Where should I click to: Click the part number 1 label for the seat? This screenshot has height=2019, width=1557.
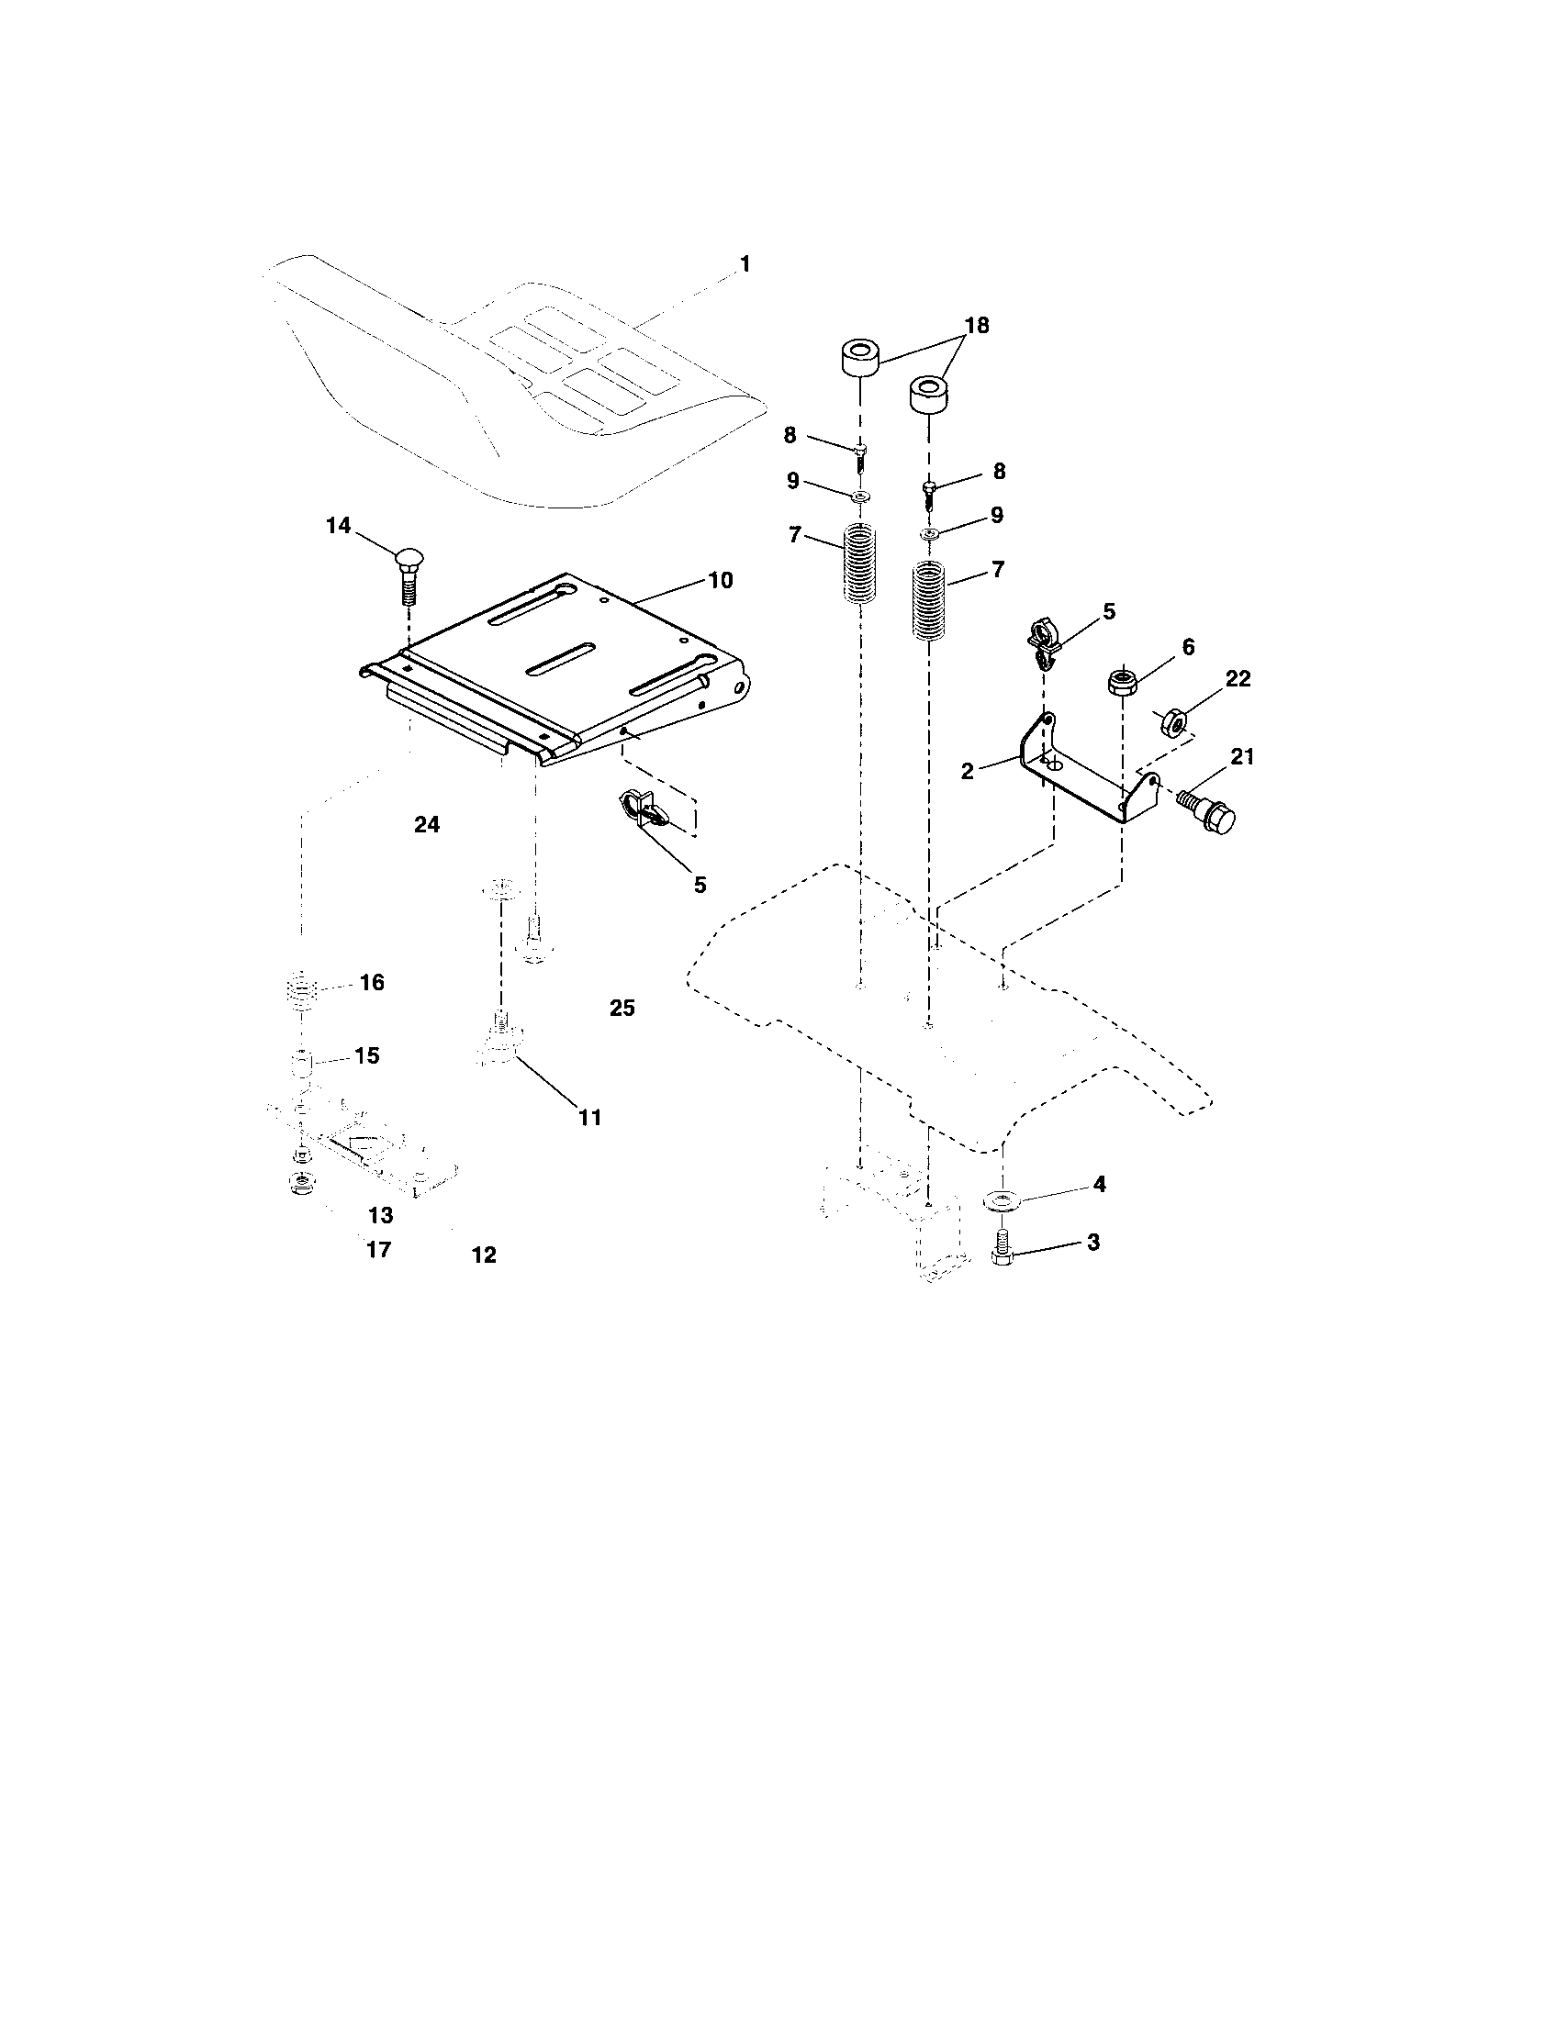[745, 264]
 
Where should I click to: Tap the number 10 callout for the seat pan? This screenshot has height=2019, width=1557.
[721, 581]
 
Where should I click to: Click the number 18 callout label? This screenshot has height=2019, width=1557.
[977, 326]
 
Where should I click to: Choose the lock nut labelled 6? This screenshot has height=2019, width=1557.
[1122, 682]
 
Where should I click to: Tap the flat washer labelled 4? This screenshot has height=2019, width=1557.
[1001, 1200]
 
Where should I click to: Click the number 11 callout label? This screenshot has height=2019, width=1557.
[590, 1117]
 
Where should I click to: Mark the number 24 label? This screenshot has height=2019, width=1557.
[426, 825]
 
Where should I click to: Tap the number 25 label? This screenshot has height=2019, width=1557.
[622, 1008]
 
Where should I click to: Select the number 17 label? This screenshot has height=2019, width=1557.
[379, 1250]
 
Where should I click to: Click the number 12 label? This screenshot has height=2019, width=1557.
[484, 1255]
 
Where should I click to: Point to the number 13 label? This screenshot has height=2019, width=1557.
[380, 1215]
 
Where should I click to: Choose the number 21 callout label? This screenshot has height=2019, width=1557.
[1242, 757]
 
